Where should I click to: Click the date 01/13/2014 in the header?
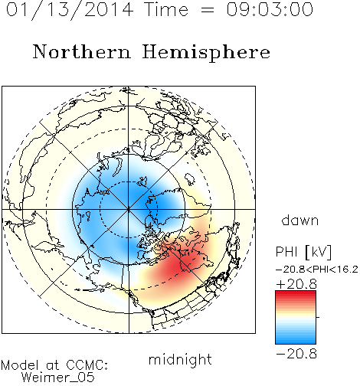pos(70,10)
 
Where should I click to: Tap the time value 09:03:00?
pos(270,9)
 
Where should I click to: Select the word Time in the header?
pos(166,9)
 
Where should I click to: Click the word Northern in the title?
pos(82,51)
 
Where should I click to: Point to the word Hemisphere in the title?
pos(206,53)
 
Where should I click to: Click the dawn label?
pos(300,220)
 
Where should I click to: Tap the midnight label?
pos(180,359)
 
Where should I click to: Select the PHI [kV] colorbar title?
pos(303,252)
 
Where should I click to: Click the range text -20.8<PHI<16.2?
pos(317,270)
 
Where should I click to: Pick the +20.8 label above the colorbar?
pos(296,284)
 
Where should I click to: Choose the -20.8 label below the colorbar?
pos(296,354)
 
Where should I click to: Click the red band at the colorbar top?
pos(296,295)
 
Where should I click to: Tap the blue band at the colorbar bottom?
pos(296,339)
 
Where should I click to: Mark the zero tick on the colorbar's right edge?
pos(318,317)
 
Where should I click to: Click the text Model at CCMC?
pos(54,365)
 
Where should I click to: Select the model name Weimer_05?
pos(58,378)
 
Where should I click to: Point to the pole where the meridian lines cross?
pos(129,209)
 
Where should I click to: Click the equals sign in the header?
pos(208,10)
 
